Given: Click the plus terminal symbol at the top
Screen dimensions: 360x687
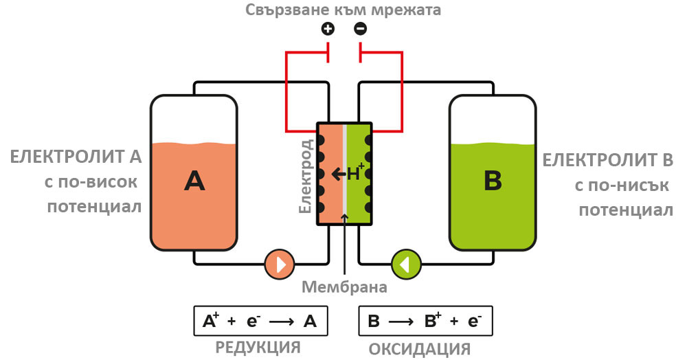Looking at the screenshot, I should pyautogui.click(x=328, y=29).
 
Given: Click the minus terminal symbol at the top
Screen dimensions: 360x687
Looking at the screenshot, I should pyautogui.click(x=360, y=29).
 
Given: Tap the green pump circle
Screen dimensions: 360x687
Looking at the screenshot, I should pyautogui.click(x=406, y=264).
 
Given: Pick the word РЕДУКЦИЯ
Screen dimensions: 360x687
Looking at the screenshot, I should pyautogui.click(x=258, y=346).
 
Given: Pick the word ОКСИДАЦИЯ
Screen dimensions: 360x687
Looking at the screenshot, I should pyautogui.click(x=420, y=348).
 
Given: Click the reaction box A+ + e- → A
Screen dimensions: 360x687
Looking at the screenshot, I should pyautogui.click(x=260, y=321).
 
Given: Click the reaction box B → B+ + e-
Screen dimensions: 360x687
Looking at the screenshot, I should pyautogui.click(x=426, y=321).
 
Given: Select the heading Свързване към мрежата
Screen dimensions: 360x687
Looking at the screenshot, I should pyautogui.click(x=344, y=10).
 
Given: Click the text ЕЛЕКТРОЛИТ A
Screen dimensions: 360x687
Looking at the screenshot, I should pyautogui.click(x=76, y=158).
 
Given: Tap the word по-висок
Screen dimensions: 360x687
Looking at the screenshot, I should pyautogui.click(x=106, y=183).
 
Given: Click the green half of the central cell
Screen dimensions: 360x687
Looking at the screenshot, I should pyautogui.click(x=358, y=199).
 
